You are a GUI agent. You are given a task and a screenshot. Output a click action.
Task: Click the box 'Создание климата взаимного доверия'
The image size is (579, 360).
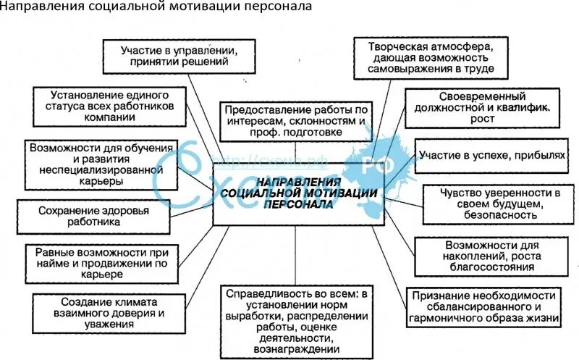pos(100,313)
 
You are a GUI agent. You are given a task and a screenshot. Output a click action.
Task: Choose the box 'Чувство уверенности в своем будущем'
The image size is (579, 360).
pos(491,204)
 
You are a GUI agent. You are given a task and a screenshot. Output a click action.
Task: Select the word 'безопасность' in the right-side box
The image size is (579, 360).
pos(491,215)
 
